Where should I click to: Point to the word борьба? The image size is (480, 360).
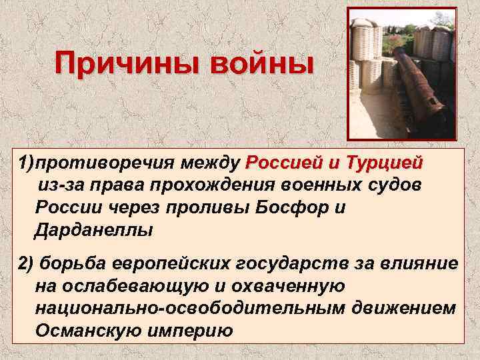point(71,264)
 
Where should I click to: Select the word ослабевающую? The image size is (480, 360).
point(127,287)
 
